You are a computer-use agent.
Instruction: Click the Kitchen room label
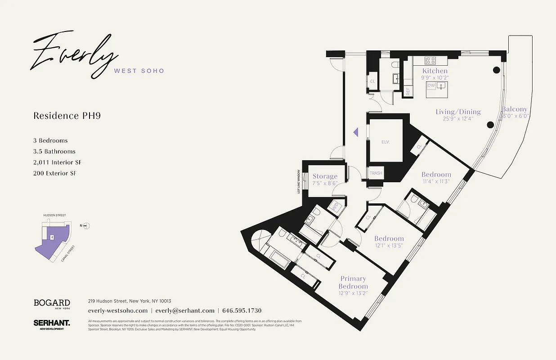pyautogui.click(x=435, y=71)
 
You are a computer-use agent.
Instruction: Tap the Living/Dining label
pyautogui.click(x=458, y=112)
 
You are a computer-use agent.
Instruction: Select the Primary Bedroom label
pyautogui.click(x=353, y=283)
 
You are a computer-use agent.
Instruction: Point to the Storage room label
pyautogui.click(x=325, y=176)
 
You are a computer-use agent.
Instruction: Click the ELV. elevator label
pyautogui.click(x=385, y=142)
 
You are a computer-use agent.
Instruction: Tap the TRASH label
pyautogui.click(x=376, y=173)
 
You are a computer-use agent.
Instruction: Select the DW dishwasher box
pyautogui.click(x=431, y=85)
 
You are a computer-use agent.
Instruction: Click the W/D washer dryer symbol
pyautogui.click(x=335, y=207)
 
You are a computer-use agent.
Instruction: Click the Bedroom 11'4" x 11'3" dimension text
pyautogui.click(x=436, y=182)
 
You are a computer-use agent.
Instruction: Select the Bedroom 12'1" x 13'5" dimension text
pyautogui.click(x=389, y=246)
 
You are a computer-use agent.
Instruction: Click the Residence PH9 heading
pyautogui.click(x=67, y=116)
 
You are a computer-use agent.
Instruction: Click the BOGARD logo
pyautogui.click(x=52, y=304)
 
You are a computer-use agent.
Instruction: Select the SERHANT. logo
pyautogui.click(x=51, y=324)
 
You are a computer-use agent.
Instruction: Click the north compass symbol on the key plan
pyautogui.click(x=87, y=226)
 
